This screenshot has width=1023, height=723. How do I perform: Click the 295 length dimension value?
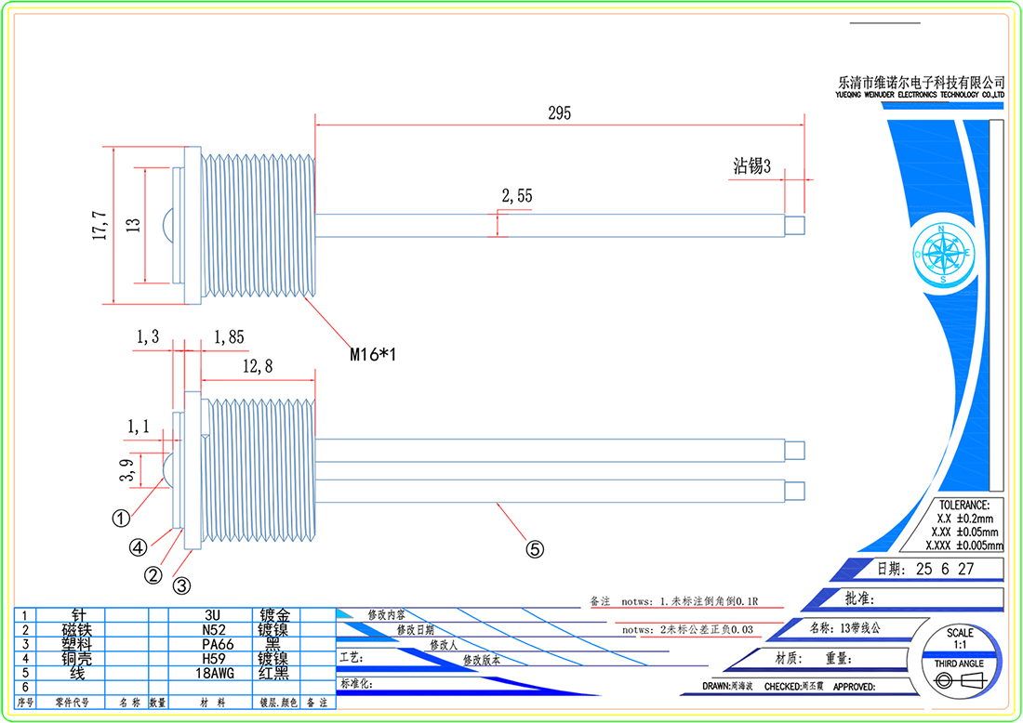click(x=559, y=113)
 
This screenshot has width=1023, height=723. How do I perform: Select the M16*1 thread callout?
click(x=373, y=354)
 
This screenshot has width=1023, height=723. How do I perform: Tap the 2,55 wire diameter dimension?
click(x=516, y=196)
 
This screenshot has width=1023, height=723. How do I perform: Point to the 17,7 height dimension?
click(x=100, y=225)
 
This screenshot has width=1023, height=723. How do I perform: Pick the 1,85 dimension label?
click(x=229, y=336)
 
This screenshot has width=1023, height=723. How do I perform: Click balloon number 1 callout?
click(x=121, y=517)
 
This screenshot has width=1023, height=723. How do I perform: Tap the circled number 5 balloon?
click(x=535, y=549)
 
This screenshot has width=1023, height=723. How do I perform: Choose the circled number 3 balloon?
click(x=182, y=585)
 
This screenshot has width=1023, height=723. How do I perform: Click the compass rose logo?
click(x=943, y=254)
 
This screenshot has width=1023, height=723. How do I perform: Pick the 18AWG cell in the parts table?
click(x=214, y=672)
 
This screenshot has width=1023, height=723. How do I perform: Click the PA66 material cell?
click(x=214, y=643)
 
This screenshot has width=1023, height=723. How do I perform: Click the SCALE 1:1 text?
click(x=960, y=638)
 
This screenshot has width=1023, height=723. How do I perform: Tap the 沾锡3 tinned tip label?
click(x=752, y=166)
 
